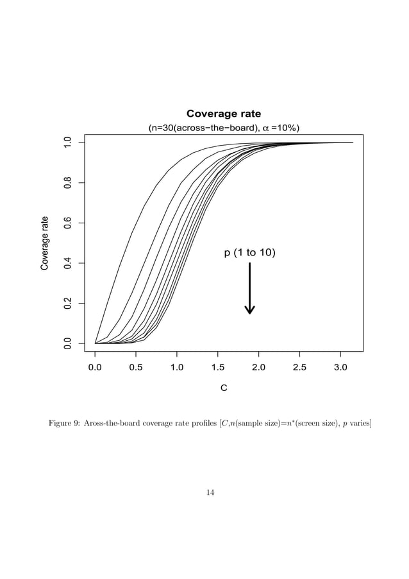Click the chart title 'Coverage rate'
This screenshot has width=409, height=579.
(x=224, y=115)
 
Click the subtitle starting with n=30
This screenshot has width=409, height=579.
(x=224, y=128)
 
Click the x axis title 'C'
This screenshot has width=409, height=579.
(x=224, y=389)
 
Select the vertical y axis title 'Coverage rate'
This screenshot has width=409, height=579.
(x=45, y=243)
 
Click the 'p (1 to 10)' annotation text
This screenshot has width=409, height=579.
(x=250, y=253)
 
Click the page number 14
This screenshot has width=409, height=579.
(x=210, y=492)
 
